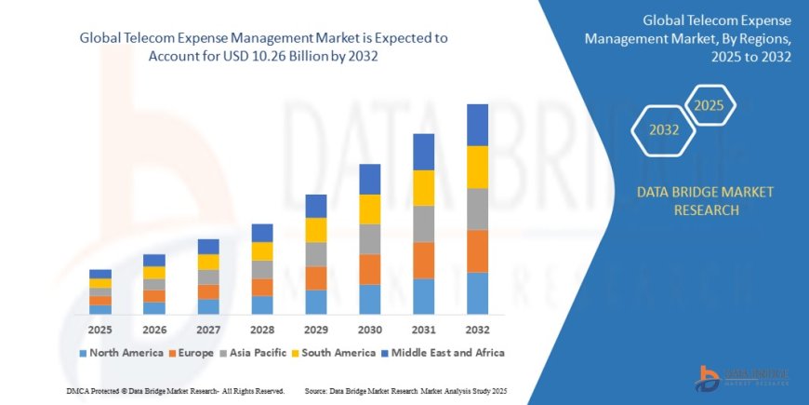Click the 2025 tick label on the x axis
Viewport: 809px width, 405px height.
(x=100, y=330)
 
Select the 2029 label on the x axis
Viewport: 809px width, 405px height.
(x=315, y=330)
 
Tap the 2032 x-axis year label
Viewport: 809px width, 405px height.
(x=477, y=330)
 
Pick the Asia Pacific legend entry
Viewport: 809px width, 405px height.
(x=252, y=353)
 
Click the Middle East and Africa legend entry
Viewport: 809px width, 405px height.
(x=445, y=353)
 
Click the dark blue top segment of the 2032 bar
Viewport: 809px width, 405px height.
(x=477, y=125)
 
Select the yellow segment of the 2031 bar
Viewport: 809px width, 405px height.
(x=423, y=188)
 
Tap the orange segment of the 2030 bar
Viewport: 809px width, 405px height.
(x=369, y=269)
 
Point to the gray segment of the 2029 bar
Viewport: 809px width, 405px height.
(x=315, y=254)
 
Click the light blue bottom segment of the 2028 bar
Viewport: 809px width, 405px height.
(x=262, y=304)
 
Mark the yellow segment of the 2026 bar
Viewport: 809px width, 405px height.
(x=154, y=273)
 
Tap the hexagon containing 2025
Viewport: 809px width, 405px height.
(x=710, y=103)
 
